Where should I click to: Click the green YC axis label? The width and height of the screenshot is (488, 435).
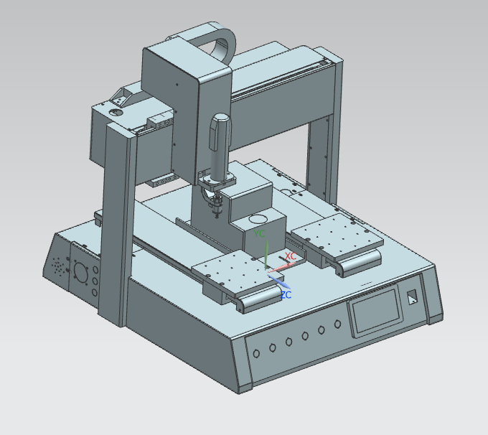[259, 233]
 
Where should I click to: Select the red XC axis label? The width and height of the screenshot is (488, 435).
[291, 256]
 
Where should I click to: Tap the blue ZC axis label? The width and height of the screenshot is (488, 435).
[286, 295]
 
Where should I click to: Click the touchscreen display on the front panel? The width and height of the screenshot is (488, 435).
[375, 310]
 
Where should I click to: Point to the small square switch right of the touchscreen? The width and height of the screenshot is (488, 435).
[413, 297]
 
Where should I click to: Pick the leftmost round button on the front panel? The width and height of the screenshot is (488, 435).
[256, 353]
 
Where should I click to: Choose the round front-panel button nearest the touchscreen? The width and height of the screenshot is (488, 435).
[338, 324]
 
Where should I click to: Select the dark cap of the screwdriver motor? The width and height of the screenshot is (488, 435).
[220, 131]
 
